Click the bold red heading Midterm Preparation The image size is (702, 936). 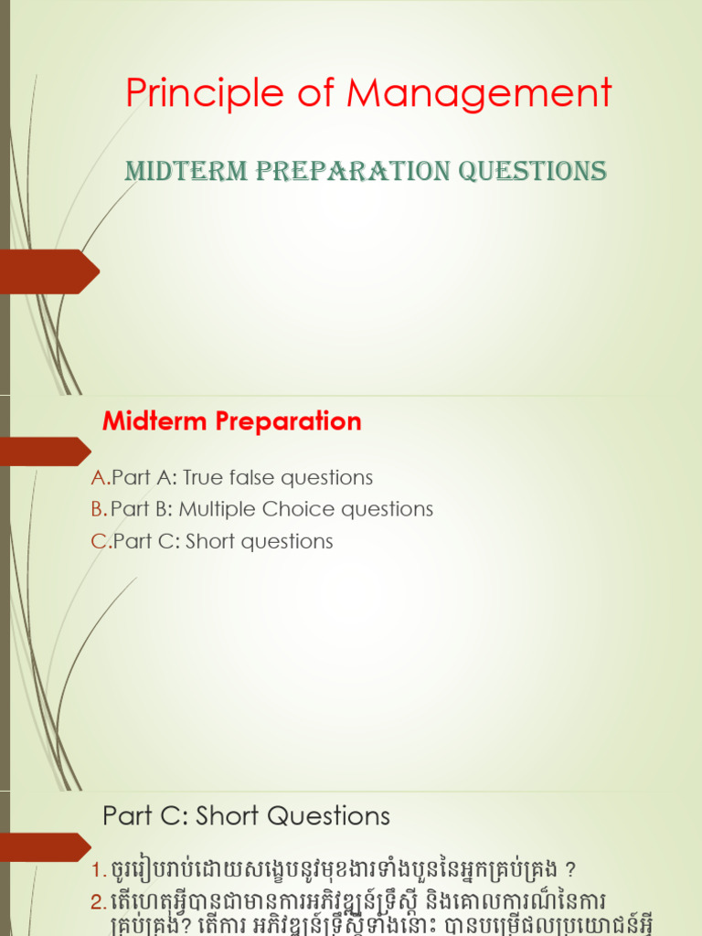[232, 421]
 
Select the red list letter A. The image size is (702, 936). [99, 477]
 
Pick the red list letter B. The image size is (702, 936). [99, 509]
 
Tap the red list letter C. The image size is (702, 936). [99, 541]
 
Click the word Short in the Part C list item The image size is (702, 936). [210, 541]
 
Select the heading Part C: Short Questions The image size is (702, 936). [246, 815]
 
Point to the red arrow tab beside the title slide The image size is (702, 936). [48, 271]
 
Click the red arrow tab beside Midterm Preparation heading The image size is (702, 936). [44, 452]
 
